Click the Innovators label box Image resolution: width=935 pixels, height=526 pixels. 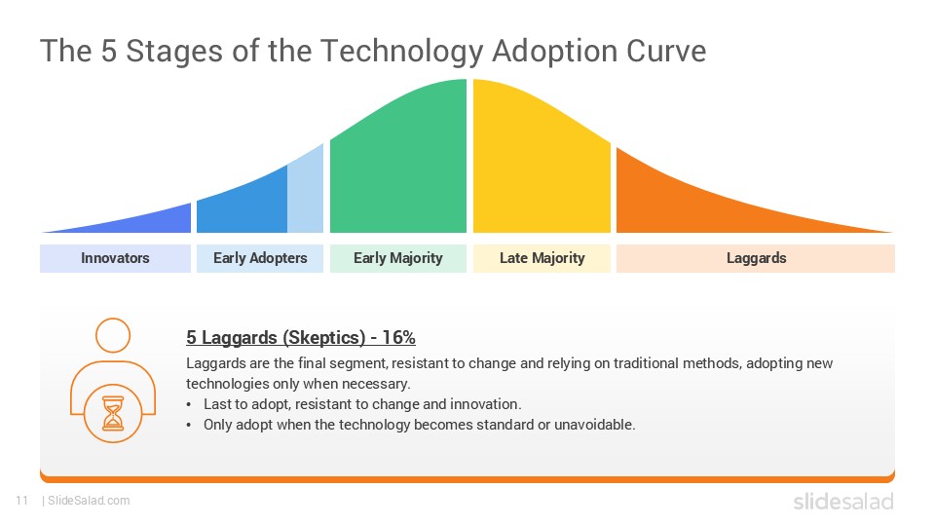115,258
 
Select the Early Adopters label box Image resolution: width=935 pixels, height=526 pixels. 260,258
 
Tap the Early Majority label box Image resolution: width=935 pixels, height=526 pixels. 397,258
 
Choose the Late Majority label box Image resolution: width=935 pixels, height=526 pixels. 542,258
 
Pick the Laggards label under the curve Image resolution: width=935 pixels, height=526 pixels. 756,258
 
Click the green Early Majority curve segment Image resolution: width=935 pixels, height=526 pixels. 399,166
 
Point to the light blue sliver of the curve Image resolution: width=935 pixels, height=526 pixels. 306,195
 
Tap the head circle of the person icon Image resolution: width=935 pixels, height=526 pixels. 113,335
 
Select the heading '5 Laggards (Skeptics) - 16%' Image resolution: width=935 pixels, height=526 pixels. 301,338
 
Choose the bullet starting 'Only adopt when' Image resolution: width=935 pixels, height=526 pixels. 419,425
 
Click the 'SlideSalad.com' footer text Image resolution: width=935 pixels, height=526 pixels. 88,501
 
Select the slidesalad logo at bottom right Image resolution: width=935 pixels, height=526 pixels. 842,502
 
